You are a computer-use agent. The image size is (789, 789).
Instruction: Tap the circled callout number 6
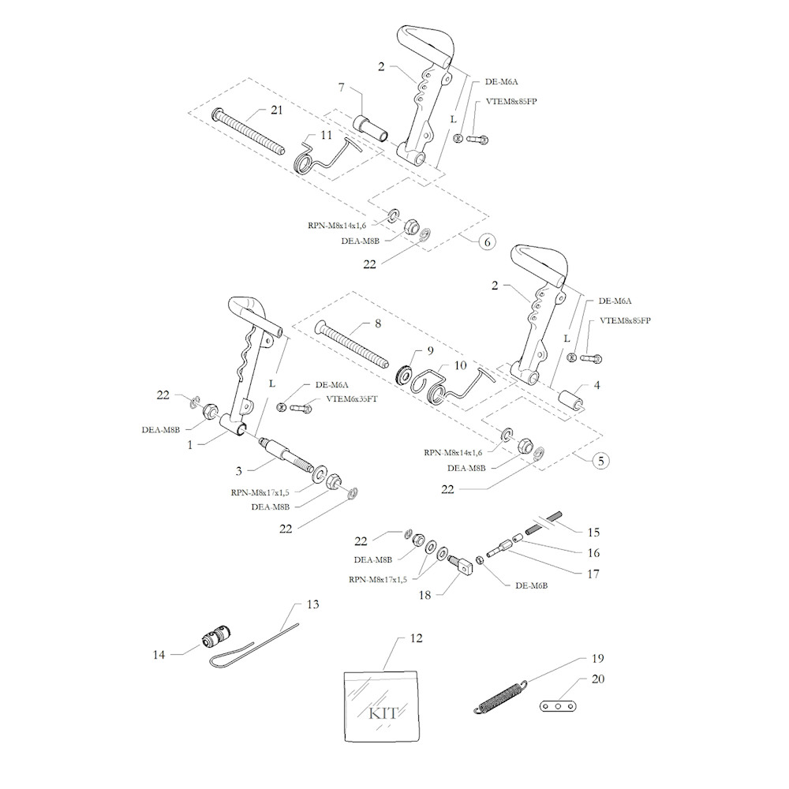coord(486,241)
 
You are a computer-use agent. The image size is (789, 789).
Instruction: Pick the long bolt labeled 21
coord(248,131)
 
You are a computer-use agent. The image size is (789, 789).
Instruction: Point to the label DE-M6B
coord(531,586)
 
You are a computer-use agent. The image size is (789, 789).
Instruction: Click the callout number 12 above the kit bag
coord(416,638)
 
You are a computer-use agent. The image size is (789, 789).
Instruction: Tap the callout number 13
coord(312,605)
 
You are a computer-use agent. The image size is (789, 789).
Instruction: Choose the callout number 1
coord(190,444)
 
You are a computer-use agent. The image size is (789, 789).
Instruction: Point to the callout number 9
coord(431,350)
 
